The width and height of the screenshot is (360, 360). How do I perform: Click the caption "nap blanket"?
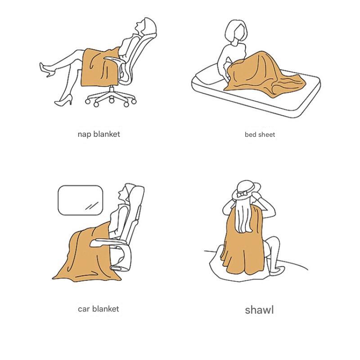99,134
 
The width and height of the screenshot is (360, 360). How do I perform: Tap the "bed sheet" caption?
260,134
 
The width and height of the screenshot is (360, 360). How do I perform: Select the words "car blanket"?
98,309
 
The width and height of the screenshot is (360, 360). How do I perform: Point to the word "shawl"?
259,310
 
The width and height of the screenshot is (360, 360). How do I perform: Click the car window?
81,200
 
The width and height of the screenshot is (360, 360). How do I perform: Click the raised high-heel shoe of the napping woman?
47,70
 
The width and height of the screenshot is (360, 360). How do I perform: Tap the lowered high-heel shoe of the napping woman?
64,100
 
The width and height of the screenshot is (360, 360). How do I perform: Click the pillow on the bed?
208,76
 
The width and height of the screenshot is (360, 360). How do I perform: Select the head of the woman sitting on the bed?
237,31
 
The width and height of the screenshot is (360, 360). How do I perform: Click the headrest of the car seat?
136,195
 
